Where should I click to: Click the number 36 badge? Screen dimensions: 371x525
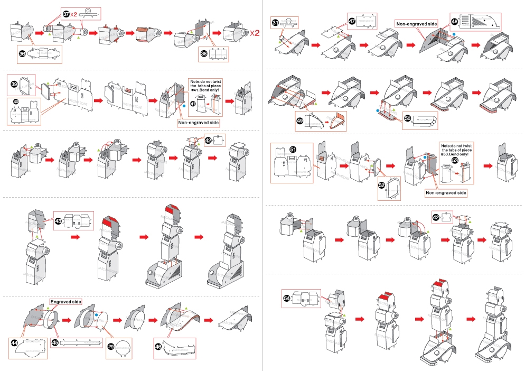pos(22,53)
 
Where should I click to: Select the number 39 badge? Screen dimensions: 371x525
pos(15,84)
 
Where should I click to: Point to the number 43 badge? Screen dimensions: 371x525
pos(59,220)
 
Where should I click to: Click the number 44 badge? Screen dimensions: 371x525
pos(15,343)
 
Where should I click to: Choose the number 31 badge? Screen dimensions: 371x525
pos(276,22)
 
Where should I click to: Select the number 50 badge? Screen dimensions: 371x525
pos(407,118)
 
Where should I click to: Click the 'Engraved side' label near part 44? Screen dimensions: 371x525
pos(66,302)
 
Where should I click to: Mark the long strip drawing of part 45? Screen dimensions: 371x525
pos(82,342)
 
